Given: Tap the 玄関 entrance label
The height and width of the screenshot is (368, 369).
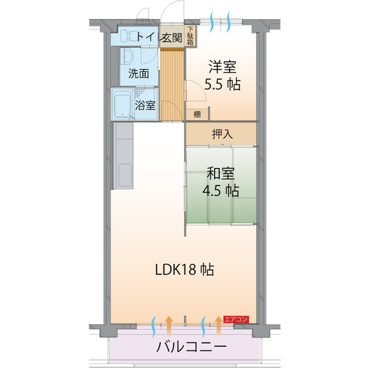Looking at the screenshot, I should coord(172,38).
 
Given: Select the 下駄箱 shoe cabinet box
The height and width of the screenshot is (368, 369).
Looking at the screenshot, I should coord(191,36).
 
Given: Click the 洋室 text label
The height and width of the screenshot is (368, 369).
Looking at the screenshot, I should coord(222,67).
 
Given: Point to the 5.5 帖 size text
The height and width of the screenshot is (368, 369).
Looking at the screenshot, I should coord(222,85).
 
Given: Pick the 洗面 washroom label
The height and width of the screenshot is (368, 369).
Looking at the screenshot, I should coord(138,73).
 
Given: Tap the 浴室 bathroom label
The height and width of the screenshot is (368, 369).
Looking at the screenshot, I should coord(145,105).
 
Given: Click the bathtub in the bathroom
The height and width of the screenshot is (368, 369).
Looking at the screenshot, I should coord(122,105).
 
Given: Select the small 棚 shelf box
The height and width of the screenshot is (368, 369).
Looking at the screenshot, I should coord(197,114).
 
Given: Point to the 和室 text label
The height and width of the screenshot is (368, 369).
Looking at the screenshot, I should coord(221,172).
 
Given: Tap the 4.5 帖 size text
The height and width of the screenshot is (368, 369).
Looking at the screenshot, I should coord(221,191).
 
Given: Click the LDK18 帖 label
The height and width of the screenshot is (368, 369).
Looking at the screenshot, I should coord(184,269).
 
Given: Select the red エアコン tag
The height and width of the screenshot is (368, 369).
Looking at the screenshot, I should coord(235,318).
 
